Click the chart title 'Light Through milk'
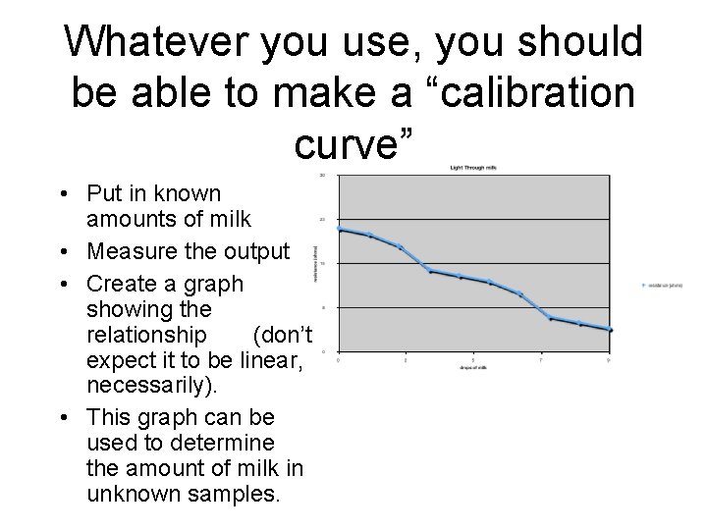(x=474, y=168)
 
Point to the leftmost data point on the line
(x=339, y=229)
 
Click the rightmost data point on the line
(x=609, y=330)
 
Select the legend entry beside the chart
(x=661, y=287)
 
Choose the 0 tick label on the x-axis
(x=339, y=360)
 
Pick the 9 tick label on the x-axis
(x=609, y=360)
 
